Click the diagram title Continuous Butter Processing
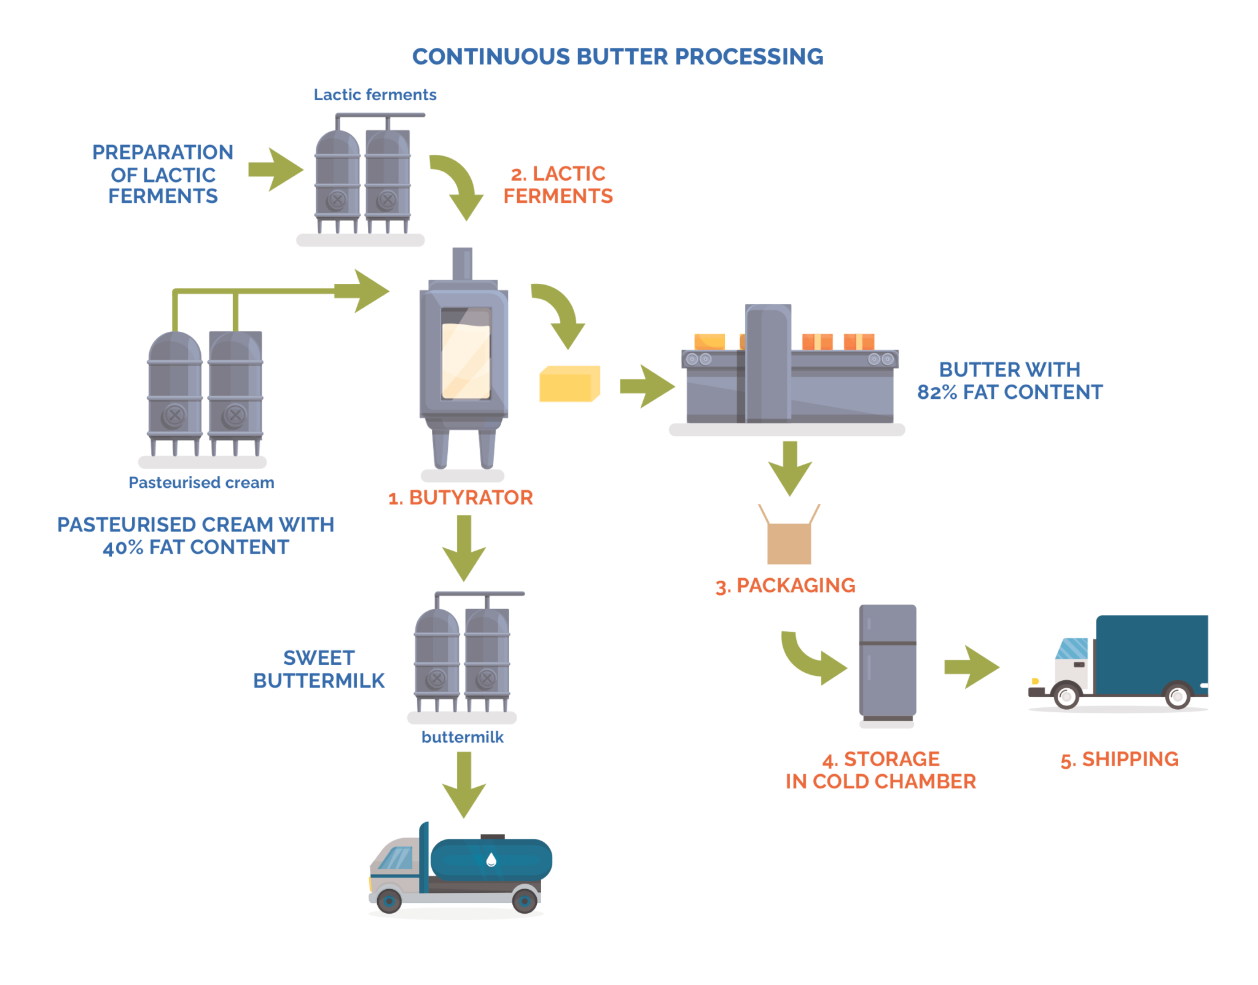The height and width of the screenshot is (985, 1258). (617, 57)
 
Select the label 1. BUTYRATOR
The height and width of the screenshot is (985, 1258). (460, 498)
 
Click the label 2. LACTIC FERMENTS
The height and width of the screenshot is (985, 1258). (558, 184)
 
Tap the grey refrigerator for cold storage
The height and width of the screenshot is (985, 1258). (887, 664)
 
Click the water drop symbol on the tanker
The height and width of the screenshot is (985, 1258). (491, 860)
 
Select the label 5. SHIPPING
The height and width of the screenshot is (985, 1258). (1119, 759)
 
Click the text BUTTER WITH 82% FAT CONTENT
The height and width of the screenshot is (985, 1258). (1009, 381)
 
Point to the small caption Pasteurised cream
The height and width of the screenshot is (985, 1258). (201, 483)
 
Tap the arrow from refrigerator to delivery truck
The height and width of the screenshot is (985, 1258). (972, 667)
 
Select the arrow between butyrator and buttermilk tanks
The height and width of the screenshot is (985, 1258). (464, 548)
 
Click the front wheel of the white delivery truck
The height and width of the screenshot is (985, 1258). (1067, 696)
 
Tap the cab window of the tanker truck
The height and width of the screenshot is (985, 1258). (396, 858)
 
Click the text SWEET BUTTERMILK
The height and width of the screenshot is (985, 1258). (319, 670)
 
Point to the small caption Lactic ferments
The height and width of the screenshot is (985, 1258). (375, 95)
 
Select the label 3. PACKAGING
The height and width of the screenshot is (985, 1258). (785, 586)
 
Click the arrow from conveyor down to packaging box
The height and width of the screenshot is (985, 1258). (790, 468)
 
